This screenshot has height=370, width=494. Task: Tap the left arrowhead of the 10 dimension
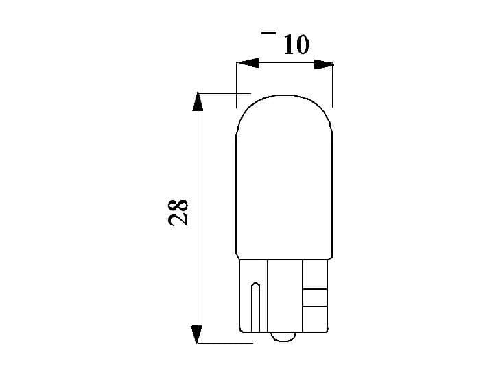[246, 64]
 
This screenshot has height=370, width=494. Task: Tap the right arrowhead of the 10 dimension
[323, 64]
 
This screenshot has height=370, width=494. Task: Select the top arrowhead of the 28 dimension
[198, 102]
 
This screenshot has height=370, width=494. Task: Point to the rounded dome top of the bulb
[284, 103]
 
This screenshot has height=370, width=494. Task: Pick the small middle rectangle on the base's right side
[315, 297]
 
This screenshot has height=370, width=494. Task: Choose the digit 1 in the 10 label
[287, 45]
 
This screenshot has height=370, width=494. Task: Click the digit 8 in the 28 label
[177, 204]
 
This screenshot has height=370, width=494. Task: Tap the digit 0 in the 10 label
[302, 45]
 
